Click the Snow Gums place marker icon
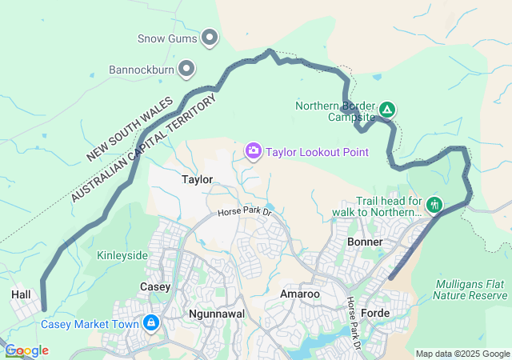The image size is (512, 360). coord(210,37)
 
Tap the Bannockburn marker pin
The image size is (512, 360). coord(186,70)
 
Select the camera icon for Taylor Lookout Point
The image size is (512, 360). coord(254,151)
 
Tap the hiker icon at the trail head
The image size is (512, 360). coord(434,206)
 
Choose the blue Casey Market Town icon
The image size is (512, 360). coord(150,323)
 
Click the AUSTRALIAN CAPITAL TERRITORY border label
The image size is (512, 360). coord(144,148)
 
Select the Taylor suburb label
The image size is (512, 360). coord(197,179)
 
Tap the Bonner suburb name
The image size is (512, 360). coord(366,242)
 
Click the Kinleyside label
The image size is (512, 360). coord(122,255)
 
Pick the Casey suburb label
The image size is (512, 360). coord(155,286)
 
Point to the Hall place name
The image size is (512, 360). coord(21,294)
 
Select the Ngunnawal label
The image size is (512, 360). coord(214,314)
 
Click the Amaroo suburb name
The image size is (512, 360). coord(300,294)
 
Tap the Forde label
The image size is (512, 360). coord(375,312)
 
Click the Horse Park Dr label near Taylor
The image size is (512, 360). coord(246,214)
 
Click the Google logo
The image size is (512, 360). coord(26,350)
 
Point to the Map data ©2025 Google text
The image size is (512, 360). coord(462,353)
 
